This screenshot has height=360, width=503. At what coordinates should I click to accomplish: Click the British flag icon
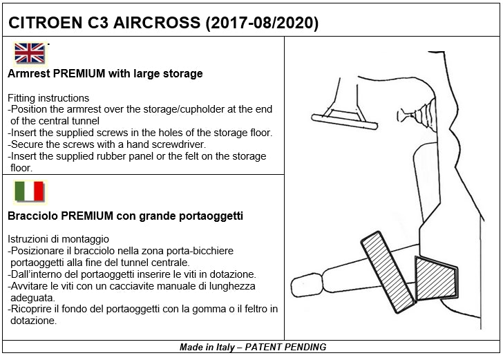tap(30, 53)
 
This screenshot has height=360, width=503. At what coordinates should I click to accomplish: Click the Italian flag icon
tap(29, 191)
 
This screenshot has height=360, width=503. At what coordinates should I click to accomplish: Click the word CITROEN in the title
tap(44, 23)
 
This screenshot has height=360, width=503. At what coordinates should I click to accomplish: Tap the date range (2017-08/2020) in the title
tap(263, 23)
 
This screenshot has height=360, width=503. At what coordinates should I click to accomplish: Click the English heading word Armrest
tap(28, 73)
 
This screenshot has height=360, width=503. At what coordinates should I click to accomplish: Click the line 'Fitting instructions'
tap(48, 98)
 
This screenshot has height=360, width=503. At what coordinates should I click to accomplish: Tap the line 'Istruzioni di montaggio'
tap(57, 239)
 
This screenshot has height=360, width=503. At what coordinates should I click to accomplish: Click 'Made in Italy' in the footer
tap(203, 347)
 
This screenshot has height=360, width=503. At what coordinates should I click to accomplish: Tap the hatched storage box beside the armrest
tap(435, 278)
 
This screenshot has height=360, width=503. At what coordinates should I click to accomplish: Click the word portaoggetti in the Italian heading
tap(211, 216)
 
